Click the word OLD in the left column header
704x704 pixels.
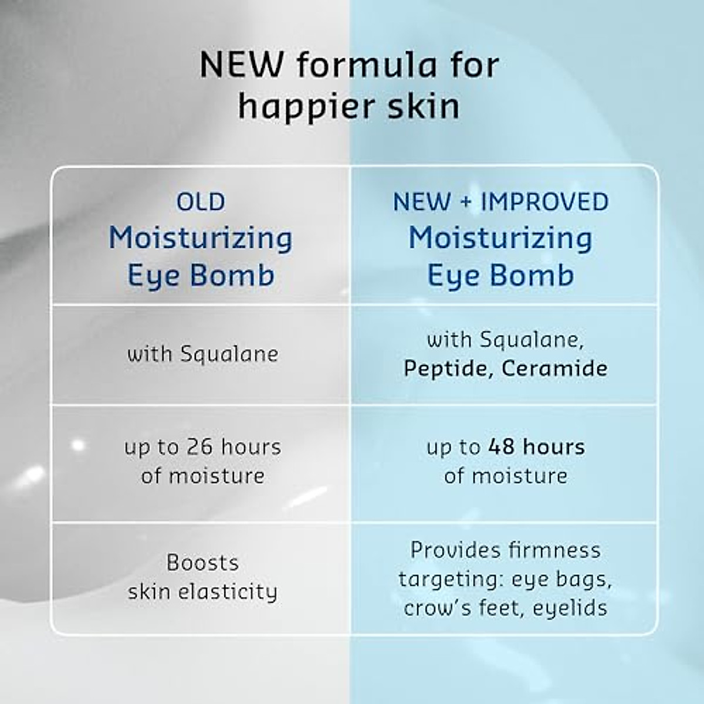pos(201,202)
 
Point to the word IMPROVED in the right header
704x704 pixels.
pos(544,202)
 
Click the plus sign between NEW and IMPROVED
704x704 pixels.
pos(465,202)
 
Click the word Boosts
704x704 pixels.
pos(202,563)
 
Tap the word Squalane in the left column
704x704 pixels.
pos(229,354)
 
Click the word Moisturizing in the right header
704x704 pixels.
pos(500,238)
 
